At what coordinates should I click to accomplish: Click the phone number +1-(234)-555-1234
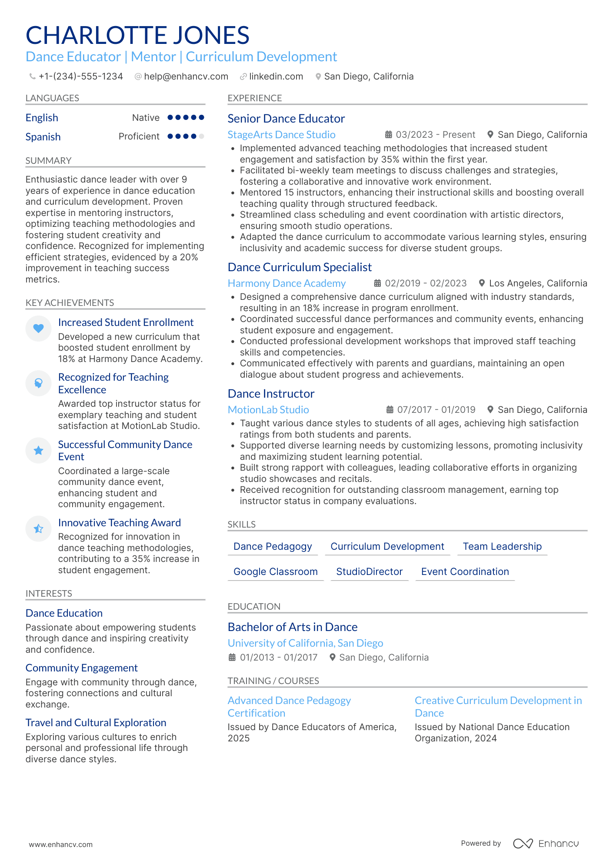pyautogui.click(x=80, y=76)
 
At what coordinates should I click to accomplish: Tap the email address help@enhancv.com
pyautogui.click(x=186, y=76)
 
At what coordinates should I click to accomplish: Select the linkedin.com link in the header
pyautogui.click(x=276, y=76)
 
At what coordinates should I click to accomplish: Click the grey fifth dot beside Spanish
pyautogui.click(x=201, y=136)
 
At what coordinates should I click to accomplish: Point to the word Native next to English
pyautogui.click(x=146, y=118)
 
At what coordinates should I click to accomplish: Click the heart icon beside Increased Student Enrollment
pyautogui.click(x=38, y=329)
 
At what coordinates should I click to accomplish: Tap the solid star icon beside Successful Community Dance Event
pyautogui.click(x=38, y=451)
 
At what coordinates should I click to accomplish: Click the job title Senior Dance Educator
pyautogui.click(x=286, y=119)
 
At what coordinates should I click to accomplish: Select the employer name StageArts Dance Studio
pyautogui.click(x=281, y=135)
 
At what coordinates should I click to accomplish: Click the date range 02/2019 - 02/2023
pyautogui.click(x=425, y=283)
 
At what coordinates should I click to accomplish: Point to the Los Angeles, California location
pyautogui.click(x=537, y=283)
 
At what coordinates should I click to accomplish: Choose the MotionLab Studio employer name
pyautogui.click(x=268, y=410)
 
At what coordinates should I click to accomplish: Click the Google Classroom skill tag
pyautogui.click(x=275, y=572)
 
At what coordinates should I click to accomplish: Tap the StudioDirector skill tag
pyautogui.click(x=369, y=572)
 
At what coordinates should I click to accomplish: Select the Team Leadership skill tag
pyautogui.click(x=502, y=547)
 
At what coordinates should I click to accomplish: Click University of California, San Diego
pyautogui.click(x=305, y=643)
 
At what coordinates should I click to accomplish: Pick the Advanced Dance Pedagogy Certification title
pyautogui.click(x=289, y=707)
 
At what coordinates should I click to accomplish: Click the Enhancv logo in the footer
pyautogui.click(x=546, y=844)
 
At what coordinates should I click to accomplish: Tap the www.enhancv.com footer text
pyautogui.click(x=61, y=844)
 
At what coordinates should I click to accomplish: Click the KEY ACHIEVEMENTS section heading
pyautogui.click(x=70, y=303)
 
